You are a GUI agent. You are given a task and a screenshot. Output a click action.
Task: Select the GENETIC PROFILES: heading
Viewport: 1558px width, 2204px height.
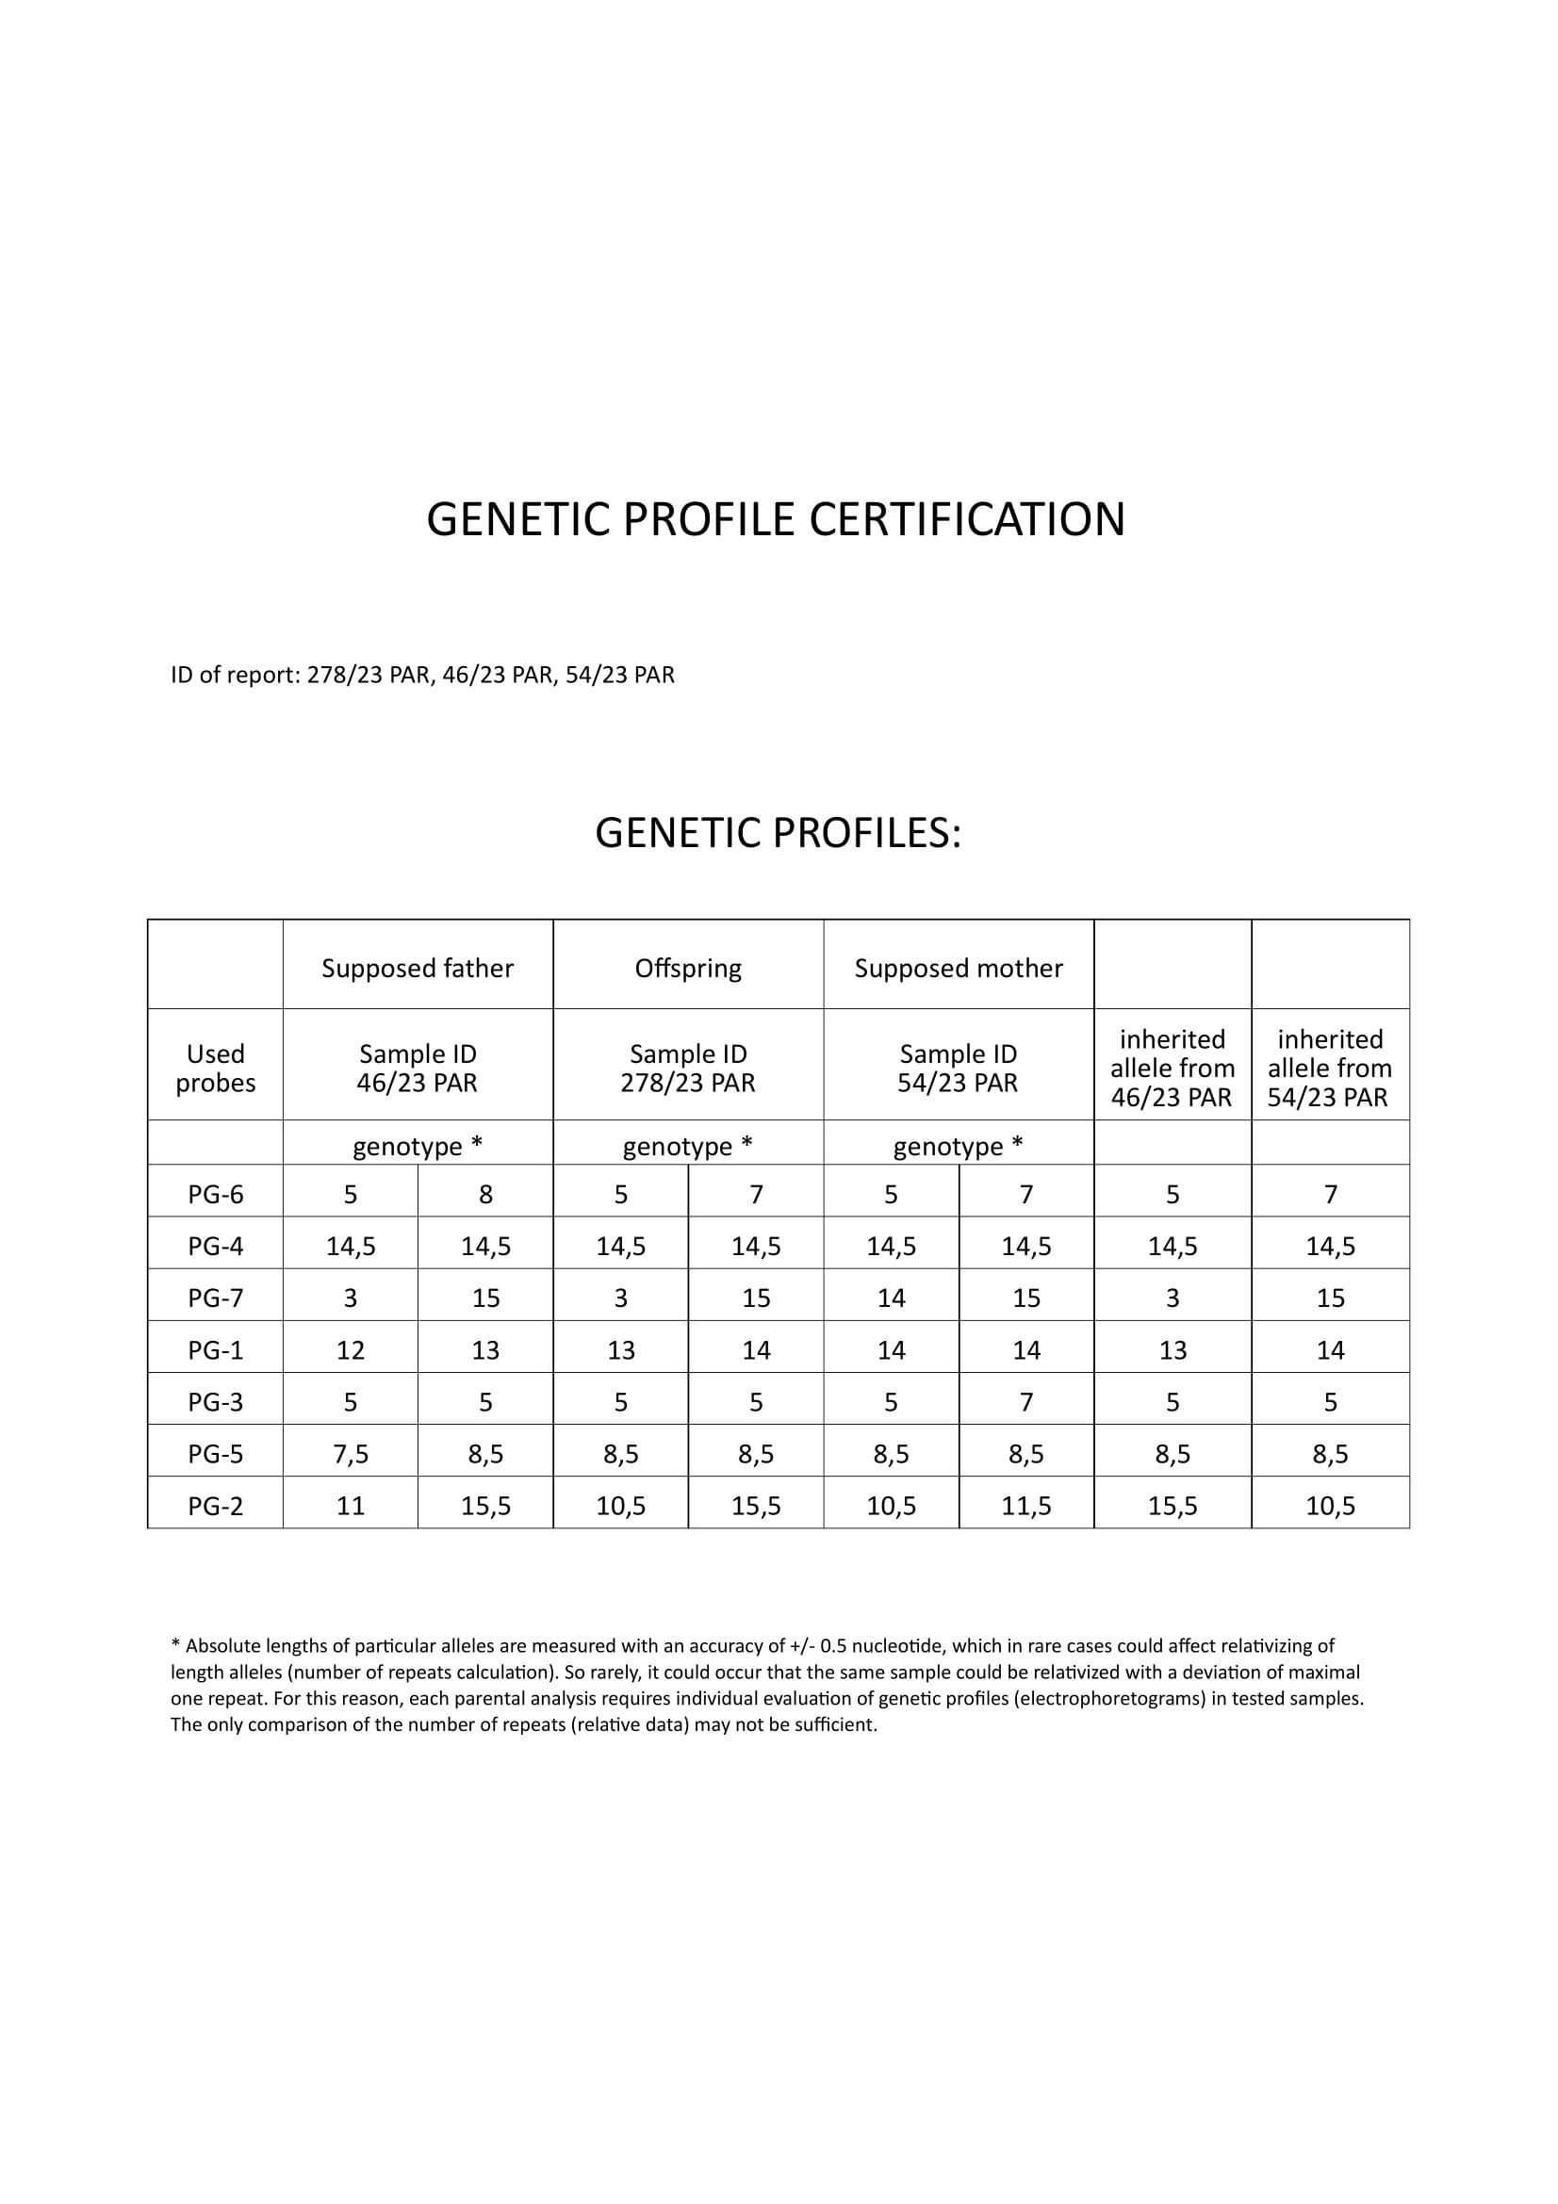778,833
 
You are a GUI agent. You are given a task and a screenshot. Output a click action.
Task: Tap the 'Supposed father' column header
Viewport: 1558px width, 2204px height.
418,969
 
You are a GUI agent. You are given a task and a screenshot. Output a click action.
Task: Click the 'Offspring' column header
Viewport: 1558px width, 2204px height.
687,969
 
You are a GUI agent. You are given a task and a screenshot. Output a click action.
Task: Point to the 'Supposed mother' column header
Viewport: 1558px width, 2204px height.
958,969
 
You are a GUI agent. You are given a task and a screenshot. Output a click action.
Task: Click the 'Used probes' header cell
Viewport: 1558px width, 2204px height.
215,1069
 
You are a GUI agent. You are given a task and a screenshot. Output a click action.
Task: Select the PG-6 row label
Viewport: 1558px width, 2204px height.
215,1195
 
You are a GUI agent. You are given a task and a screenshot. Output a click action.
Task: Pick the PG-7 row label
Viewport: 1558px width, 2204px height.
215,1298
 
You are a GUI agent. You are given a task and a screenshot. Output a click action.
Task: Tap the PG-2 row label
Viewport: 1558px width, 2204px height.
215,1506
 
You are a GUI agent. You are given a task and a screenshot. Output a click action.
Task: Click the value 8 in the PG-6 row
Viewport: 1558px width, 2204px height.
485,1195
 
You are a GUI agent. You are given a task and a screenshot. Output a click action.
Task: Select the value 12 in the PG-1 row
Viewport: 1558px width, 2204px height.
351,1350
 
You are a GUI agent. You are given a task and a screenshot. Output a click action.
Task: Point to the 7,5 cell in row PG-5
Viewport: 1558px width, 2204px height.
351,1454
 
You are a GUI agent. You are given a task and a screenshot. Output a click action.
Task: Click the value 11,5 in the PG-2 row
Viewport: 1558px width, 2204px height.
1026,1506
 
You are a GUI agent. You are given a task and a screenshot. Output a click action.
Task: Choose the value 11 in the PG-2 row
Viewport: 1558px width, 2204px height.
351,1506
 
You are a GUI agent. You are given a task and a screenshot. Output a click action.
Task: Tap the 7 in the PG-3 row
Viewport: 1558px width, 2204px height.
1026,1402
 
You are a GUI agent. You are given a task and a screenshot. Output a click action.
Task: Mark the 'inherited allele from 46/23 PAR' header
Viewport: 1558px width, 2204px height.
1173,1069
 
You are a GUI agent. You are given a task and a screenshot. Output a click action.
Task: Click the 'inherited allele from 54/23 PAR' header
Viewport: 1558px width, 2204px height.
1330,1069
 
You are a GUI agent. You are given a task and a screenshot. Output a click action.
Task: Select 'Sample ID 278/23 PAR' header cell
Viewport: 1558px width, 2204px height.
687,1069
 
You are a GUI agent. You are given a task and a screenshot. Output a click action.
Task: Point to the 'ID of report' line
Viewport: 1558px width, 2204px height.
422,676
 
